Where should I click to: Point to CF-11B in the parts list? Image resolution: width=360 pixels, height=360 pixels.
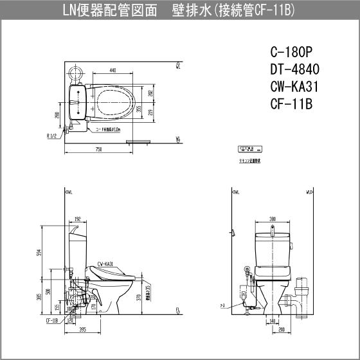click(291, 104)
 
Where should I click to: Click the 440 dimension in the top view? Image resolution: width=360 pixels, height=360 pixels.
click(113, 69)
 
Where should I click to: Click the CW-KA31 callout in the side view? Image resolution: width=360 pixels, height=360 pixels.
click(105, 264)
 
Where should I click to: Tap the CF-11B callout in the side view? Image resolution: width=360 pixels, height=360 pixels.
click(52, 318)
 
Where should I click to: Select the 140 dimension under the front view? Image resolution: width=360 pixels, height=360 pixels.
click(273, 319)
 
